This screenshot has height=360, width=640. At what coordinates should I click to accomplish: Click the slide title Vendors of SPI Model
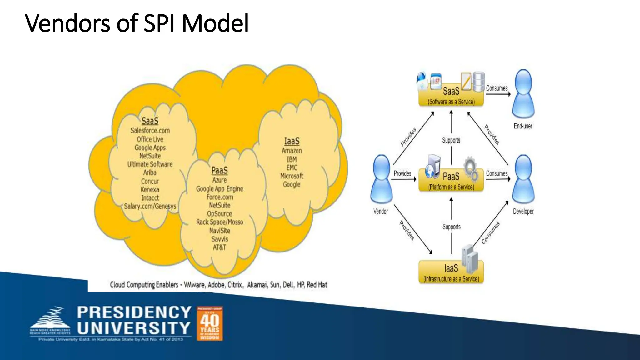tap(137, 23)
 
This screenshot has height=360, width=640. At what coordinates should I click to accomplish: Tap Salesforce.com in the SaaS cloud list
tap(150, 131)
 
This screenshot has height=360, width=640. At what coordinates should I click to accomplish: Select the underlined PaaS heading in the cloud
tap(219, 171)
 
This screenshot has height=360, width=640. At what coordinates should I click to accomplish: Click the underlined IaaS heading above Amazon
tap(292, 141)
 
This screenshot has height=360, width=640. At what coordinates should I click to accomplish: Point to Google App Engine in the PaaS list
tap(219, 189)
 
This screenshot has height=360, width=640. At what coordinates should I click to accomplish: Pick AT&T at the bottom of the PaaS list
tap(219, 247)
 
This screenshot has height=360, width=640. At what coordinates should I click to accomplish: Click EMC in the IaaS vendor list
tap(292, 167)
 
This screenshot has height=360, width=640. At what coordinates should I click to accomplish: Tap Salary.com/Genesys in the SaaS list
tap(150, 206)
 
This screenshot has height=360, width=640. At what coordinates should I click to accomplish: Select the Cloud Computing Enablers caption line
tap(218, 285)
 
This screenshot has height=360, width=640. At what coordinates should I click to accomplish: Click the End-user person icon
tap(523, 94)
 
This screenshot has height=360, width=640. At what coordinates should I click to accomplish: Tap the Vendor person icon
tap(381, 180)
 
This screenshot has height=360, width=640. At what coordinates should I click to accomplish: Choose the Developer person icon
tap(523, 180)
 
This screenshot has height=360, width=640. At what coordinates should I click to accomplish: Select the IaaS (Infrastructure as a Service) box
tap(451, 272)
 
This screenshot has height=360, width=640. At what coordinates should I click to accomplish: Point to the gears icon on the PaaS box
tap(471, 169)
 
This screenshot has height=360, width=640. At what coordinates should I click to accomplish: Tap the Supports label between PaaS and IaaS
tap(451, 227)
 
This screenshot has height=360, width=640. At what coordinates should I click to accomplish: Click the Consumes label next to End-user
tap(497, 88)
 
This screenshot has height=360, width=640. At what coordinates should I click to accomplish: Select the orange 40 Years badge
tap(210, 323)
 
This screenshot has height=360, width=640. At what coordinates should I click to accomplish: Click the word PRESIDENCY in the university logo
tap(134, 312)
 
